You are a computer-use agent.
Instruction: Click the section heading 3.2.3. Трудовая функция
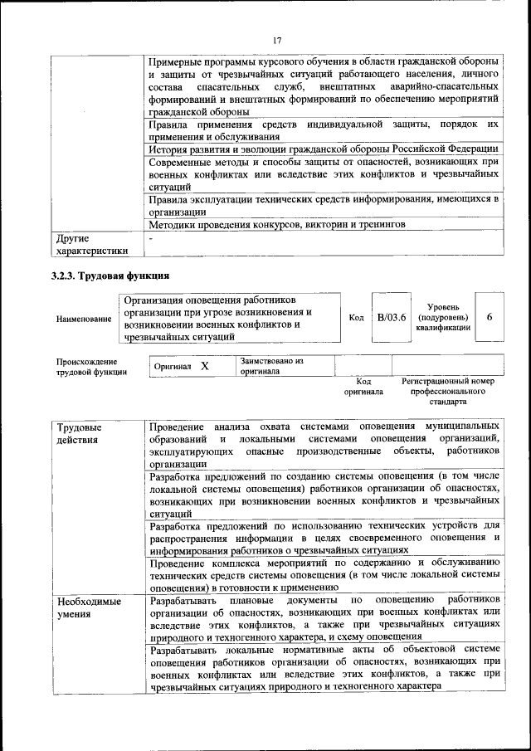click(110, 276)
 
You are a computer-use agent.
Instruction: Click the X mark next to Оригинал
click(205, 366)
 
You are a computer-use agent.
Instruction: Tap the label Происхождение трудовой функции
click(91, 367)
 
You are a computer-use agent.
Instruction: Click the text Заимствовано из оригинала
click(272, 367)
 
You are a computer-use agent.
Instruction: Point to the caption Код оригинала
click(363, 386)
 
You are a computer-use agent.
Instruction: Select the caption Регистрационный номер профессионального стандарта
click(448, 390)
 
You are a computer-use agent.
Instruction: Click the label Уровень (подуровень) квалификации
click(444, 317)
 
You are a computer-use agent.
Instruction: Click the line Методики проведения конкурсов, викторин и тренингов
click(277, 224)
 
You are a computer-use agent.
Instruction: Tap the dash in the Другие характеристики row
click(151, 237)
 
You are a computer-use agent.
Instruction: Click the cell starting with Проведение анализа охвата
click(324, 444)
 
